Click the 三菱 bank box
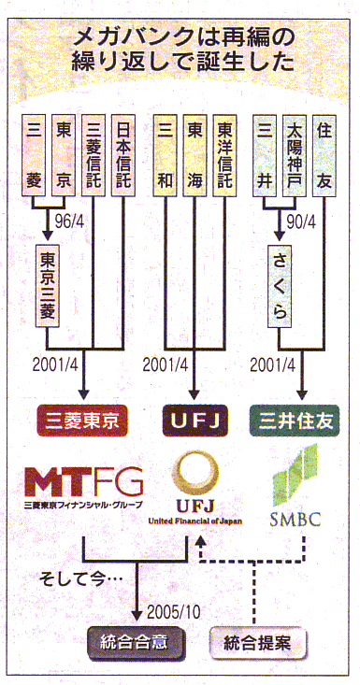click(34, 155)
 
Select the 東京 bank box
click(64, 155)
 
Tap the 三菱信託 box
click(94, 155)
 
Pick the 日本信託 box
click(123, 155)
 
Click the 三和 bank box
click(166, 155)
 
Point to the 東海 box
click(194, 155)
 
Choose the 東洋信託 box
click(224, 155)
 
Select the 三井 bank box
click(265, 155)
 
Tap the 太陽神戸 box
click(295, 155)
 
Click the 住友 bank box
click(324, 155)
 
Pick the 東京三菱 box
click(48, 284)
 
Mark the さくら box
click(280, 284)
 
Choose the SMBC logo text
click(295, 519)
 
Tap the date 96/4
click(69, 221)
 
